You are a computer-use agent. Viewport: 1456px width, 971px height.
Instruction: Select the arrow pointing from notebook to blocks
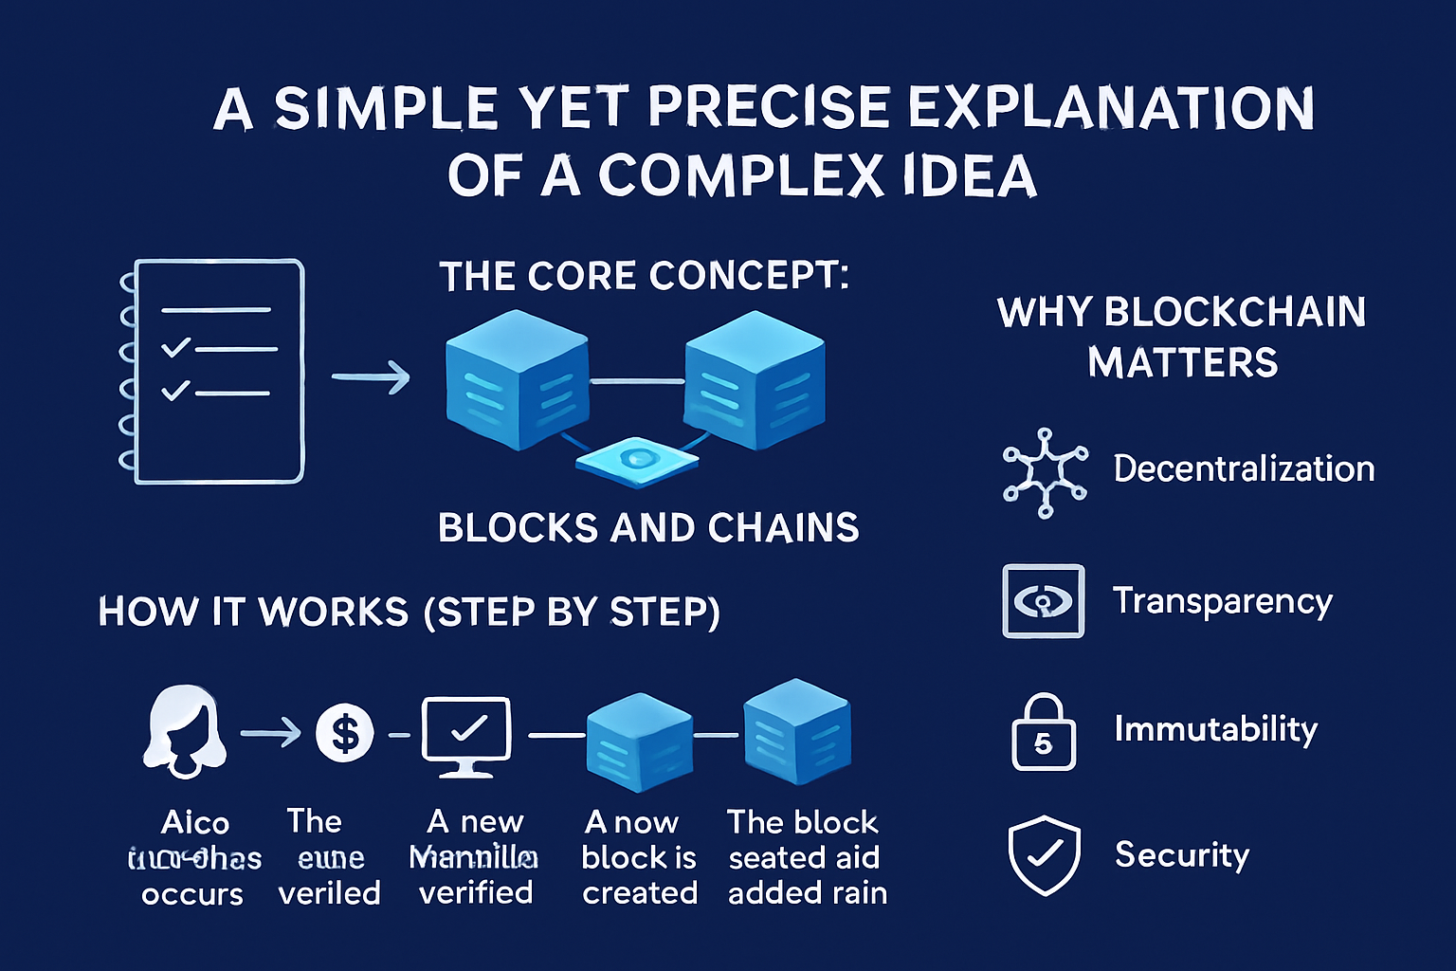[x=370, y=377]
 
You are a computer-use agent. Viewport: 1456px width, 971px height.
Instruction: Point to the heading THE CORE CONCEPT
[x=645, y=276]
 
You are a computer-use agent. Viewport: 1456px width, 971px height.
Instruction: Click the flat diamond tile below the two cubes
[x=637, y=461]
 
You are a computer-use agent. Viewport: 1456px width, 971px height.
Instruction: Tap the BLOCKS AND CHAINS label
[x=648, y=527]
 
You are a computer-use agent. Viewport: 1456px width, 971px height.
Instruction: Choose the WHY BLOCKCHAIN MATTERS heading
[x=1181, y=337]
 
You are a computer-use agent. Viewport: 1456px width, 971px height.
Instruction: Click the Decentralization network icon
[x=1045, y=471]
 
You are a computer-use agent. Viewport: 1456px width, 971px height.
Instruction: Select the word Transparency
[x=1223, y=601]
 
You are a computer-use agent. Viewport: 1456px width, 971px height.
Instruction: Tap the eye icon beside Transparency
[x=1043, y=601]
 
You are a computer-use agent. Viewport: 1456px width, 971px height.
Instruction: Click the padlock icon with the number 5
[x=1043, y=732]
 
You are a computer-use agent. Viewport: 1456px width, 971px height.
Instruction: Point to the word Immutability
[x=1215, y=729]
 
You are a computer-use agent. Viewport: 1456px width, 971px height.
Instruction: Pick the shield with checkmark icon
[x=1044, y=854]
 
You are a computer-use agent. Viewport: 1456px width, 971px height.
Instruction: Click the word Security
[x=1181, y=854]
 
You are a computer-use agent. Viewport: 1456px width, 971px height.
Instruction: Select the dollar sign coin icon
[x=344, y=733]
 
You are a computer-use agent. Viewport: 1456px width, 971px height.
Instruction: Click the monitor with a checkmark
[x=465, y=736]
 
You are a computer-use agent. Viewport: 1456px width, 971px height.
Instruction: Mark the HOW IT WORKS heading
[x=409, y=612]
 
